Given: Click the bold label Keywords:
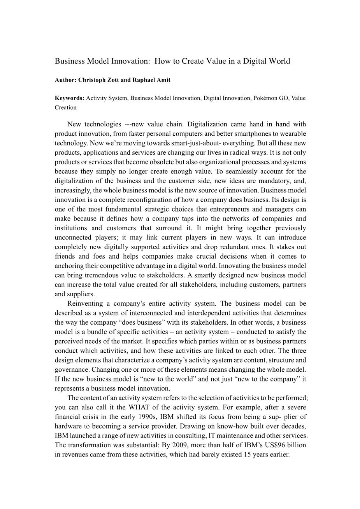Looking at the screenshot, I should coord(70,98).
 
